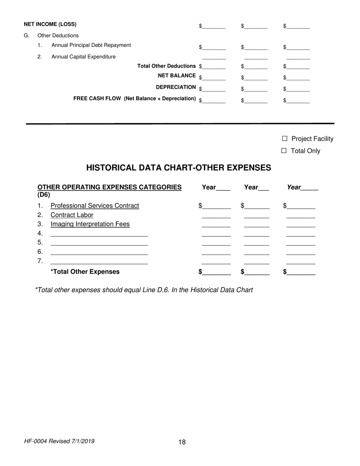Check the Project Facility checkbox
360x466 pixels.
285,139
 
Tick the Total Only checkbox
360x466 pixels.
284,151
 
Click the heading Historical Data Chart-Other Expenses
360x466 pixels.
178,168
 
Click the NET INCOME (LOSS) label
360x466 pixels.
50,24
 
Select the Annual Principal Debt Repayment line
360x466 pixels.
91,45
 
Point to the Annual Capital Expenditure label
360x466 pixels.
83,57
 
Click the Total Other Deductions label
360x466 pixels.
166,66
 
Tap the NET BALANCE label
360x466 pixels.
177,76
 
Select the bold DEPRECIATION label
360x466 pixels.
176,87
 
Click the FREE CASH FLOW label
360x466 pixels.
135,99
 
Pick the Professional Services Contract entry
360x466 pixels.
95,206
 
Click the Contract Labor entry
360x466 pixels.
72,215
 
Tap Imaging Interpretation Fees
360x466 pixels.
90,224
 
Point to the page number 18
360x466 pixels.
182,442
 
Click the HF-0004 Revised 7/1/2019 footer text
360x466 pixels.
59,441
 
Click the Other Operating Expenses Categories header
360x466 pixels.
109,187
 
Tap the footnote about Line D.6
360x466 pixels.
144,290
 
